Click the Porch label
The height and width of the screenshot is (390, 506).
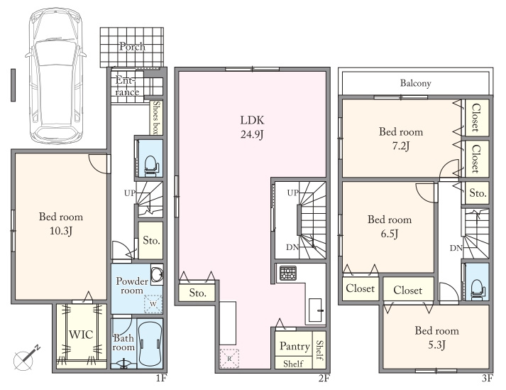pyautogui.click(x=132, y=46)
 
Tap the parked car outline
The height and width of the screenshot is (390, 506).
pyautogui.click(x=56, y=75)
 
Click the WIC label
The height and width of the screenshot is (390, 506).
pyautogui.click(x=81, y=335)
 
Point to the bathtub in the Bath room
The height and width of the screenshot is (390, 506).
pyautogui.click(x=150, y=344)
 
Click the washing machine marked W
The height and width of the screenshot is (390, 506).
pyautogui.click(x=153, y=304)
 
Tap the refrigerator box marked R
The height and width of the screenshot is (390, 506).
pyautogui.click(x=229, y=358)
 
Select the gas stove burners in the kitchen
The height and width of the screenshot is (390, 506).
pyautogui.click(x=288, y=273)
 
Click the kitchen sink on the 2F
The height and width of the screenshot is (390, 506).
pyautogui.click(x=315, y=310)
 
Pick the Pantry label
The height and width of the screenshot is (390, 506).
pyautogui.click(x=295, y=346)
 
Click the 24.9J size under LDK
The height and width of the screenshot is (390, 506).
pyautogui.click(x=252, y=134)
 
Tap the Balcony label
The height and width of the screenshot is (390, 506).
pyautogui.click(x=416, y=83)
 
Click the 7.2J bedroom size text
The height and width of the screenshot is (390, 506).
pyautogui.click(x=401, y=146)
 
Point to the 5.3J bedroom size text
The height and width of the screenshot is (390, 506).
pyautogui.click(x=436, y=345)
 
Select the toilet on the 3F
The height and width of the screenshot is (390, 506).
pyautogui.click(x=476, y=288)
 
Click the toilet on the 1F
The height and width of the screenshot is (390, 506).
pyautogui.click(x=150, y=166)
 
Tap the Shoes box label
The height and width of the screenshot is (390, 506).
pyautogui.click(x=157, y=118)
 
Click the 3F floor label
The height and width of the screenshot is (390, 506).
pyautogui.click(x=488, y=378)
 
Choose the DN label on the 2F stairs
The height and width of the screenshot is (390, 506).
pyautogui.click(x=292, y=247)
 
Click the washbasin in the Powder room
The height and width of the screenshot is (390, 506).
pyautogui.click(x=157, y=275)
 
